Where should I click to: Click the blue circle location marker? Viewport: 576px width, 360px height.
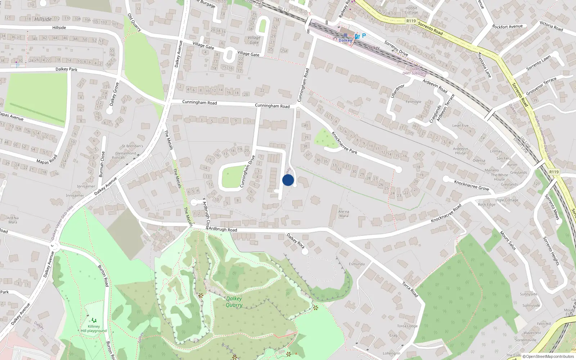point(288,180)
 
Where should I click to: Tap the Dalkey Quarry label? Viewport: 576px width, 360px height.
point(234,302)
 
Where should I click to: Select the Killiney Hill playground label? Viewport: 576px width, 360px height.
point(94,329)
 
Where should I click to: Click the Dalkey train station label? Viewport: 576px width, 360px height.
point(345,40)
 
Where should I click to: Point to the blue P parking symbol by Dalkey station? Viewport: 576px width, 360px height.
point(364,36)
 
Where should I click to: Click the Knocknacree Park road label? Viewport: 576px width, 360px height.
point(344,143)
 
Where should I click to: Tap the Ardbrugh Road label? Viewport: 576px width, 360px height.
point(223,229)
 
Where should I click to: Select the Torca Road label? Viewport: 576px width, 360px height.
point(410,289)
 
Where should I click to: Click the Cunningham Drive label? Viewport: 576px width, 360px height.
point(247,171)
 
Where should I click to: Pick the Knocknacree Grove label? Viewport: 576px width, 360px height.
point(472,185)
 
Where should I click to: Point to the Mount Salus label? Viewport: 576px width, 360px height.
point(508,240)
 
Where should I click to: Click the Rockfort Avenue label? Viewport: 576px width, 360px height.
point(507,27)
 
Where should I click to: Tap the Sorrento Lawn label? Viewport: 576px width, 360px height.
point(539,63)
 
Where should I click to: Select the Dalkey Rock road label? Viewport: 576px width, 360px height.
point(296,241)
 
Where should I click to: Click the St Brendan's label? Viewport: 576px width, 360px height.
point(132,146)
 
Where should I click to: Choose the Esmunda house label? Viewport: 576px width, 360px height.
point(357,264)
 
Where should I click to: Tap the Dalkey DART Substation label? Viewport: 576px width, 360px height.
point(415,71)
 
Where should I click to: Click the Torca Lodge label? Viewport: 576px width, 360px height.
point(407,326)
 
